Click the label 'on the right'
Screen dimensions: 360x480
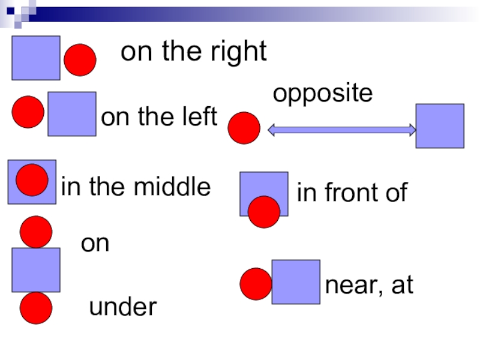[x=193, y=52]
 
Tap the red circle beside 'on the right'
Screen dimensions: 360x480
[x=80, y=60]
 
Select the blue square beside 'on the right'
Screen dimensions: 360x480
[x=36, y=58]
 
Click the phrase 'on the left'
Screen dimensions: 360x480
[x=159, y=118]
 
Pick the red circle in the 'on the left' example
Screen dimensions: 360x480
[x=28, y=112]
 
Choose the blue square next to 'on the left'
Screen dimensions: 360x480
[x=72, y=114]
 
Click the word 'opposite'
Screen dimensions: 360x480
[x=323, y=94]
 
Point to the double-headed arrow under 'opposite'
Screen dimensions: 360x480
[x=341, y=129]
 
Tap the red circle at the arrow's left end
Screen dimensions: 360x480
[x=244, y=128]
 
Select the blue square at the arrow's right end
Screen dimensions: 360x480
[x=440, y=126]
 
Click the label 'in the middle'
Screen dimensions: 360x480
[x=136, y=188]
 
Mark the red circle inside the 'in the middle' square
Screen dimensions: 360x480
[x=32, y=180]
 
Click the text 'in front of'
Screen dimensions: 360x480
[x=352, y=193]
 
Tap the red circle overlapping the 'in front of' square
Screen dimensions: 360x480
[x=263, y=212]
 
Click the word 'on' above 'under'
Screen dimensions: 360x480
[x=95, y=244]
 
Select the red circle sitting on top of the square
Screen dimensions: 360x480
[x=35, y=233]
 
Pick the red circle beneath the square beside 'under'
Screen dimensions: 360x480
[x=35, y=308]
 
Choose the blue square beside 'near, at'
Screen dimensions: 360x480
[x=296, y=282]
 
